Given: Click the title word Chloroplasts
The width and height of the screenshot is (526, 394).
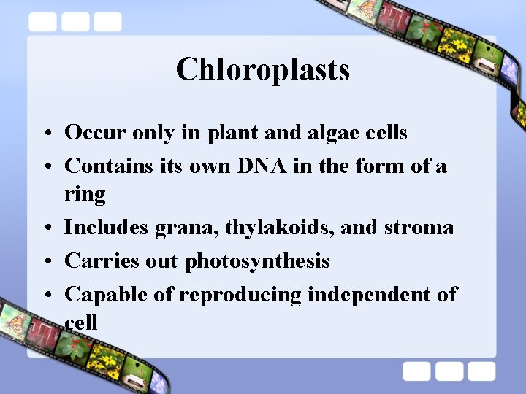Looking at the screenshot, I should (x=263, y=70).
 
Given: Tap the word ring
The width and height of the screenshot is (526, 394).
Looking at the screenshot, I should (x=85, y=195).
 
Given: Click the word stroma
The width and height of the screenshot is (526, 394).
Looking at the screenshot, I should (x=418, y=228).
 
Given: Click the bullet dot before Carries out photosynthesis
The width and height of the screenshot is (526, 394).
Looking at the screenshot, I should (x=46, y=262).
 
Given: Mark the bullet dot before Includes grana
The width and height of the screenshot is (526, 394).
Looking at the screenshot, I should (x=46, y=228).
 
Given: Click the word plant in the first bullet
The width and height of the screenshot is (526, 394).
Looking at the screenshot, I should (x=236, y=133).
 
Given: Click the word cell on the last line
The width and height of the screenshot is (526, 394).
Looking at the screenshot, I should (x=81, y=322).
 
